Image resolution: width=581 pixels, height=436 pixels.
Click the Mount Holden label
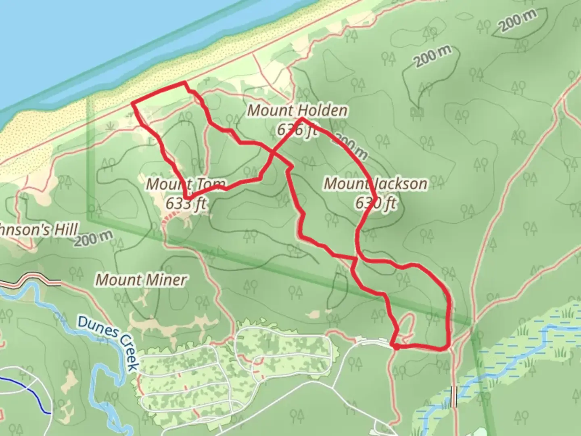click(x=297, y=111)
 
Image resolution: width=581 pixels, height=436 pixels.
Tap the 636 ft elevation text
click(x=296, y=130)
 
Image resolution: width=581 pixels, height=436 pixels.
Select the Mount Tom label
click(x=186, y=184)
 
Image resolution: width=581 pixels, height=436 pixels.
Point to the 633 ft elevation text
click(x=186, y=203)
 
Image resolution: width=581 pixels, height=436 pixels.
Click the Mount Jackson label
click(x=376, y=184)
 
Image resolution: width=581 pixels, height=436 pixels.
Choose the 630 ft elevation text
click(x=376, y=203)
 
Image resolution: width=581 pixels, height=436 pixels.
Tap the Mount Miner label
click(x=141, y=279)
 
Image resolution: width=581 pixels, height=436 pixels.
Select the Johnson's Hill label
click(x=38, y=230)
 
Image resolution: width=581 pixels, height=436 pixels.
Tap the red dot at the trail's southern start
click(x=396, y=346)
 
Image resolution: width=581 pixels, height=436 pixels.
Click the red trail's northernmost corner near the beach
click(x=185, y=83)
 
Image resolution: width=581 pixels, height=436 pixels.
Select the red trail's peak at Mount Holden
click(x=302, y=119)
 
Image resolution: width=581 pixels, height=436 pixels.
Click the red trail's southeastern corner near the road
click(x=447, y=347)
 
